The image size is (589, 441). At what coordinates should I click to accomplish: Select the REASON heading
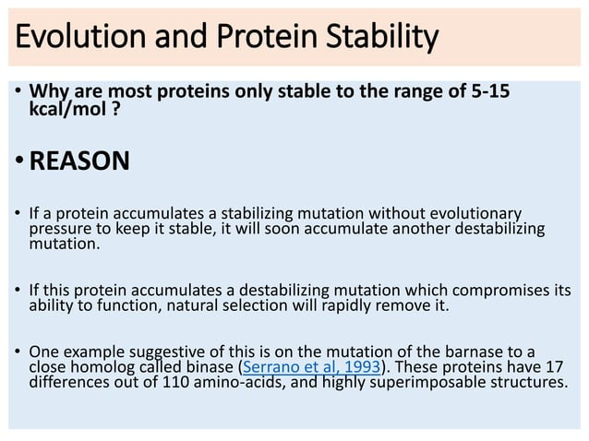click(79, 161)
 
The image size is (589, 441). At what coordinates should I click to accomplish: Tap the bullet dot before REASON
click(20, 161)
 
